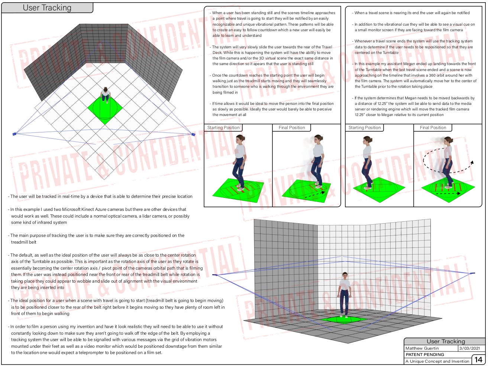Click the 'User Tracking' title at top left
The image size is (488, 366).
tap(47, 7)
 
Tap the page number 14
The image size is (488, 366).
tap(478, 360)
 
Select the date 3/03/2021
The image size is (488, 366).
tap(469, 348)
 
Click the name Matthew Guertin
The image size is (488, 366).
tap(422, 348)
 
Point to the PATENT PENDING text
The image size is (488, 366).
tap(425, 354)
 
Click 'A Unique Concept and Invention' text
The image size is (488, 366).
tap(437, 361)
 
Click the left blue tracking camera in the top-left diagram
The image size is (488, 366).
tap(14, 134)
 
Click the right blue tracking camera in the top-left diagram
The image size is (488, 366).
tap(193, 134)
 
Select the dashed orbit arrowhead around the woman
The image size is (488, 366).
tap(472, 163)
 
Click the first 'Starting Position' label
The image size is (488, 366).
tap(223, 128)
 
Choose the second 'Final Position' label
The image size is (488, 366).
tap(433, 128)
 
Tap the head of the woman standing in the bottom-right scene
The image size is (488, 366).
tap(345, 276)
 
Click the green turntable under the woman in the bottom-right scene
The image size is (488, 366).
tap(343, 319)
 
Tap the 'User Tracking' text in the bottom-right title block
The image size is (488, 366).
tap(446, 341)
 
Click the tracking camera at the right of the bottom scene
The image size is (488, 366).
tap(472, 273)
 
